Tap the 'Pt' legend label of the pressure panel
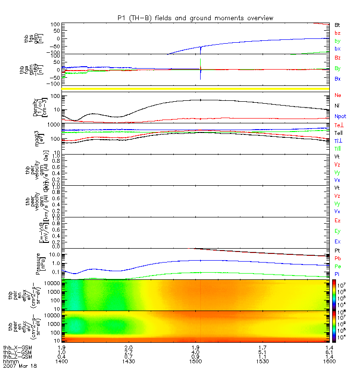337,251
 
